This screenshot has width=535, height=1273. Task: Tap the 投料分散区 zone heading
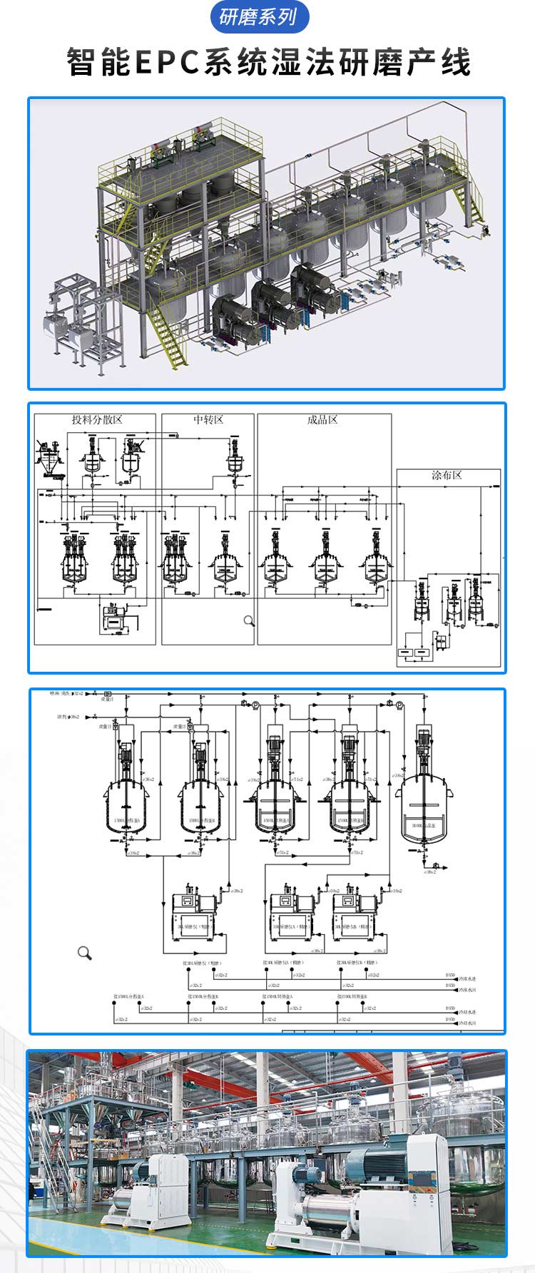[x=97, y=419]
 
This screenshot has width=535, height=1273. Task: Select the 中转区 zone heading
[x=208, y=419]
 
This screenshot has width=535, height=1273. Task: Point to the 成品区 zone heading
[x=322, y=419]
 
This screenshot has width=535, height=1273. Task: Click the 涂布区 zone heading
[x=447, y=475]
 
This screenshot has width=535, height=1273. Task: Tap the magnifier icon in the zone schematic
[x=249, y=621]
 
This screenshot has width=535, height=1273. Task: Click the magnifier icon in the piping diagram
[x=85, y=953]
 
